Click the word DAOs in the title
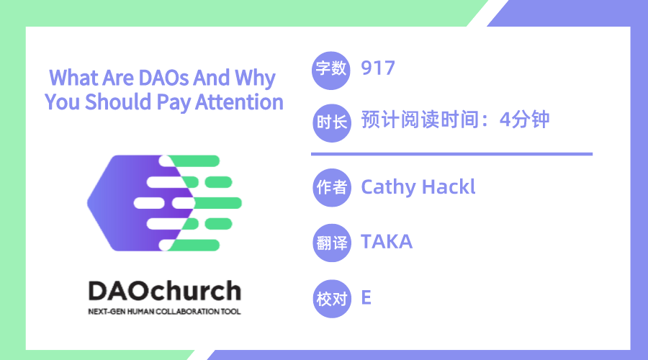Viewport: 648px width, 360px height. point(163,78)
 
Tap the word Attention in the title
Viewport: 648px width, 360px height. point(239,102)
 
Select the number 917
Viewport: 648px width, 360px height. point(378,68)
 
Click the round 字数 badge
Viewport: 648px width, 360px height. point(331,71)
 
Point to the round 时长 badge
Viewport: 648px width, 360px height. point(331,123)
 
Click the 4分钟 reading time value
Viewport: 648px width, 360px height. point(524,120)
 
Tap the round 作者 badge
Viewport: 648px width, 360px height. point(332,188)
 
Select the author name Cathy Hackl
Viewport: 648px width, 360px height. point(418,186)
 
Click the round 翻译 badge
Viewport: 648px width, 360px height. point(332,243)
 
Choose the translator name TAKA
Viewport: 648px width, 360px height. point(387,242)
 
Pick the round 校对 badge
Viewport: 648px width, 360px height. point(332,299)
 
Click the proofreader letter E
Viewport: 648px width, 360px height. point(366,297)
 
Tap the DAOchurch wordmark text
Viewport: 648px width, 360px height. point(164,291)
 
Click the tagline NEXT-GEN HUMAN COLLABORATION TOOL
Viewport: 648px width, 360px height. point(164,312)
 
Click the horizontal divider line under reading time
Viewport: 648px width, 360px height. point(451,154)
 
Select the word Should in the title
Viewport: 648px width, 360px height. point(118,102)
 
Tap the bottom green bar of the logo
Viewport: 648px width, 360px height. point(194,245)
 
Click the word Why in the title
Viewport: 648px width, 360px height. point(255,78)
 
